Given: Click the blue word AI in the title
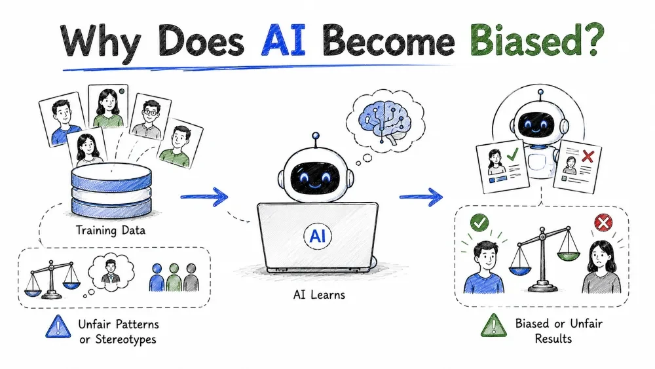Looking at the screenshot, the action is pyautogui.click(x=284, y=41).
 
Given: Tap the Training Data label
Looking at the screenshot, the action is pyautogui.click(x=110, y=230).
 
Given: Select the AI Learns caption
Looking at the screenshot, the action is pyautogui.click(x=319, y=295).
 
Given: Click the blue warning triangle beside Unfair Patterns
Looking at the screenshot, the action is pyautogui.click(x=58, y=326).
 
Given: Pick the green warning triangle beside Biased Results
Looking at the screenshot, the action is pyautogui.click(x=493, y=325).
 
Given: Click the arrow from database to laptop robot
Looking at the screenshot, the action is pyautogui.click(x=204, y=197).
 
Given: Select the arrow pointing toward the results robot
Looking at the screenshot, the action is pyautogui.click(x=421, y=197).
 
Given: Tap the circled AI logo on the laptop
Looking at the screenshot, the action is pyautogui.click(x=318, y=236).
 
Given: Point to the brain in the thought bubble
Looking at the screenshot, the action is pyautogui.click(x=384, y=121).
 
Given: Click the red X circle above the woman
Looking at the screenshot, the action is pyautogui.click(x=603, y=223).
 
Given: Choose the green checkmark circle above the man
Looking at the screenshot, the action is pyautogui.click(x=479, y=222).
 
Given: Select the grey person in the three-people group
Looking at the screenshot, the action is pyautogui.click(x=191, y=277).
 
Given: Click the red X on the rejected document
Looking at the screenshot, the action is pyautogui.click(x=588, y=156).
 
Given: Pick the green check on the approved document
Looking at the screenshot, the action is pyautogui.click(x=513, y=155).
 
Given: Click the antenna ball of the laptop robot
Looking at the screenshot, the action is pyautogui.click(x=316, y=136).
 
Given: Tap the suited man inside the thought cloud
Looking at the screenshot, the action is pyautogui.click(x=111, y=271).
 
